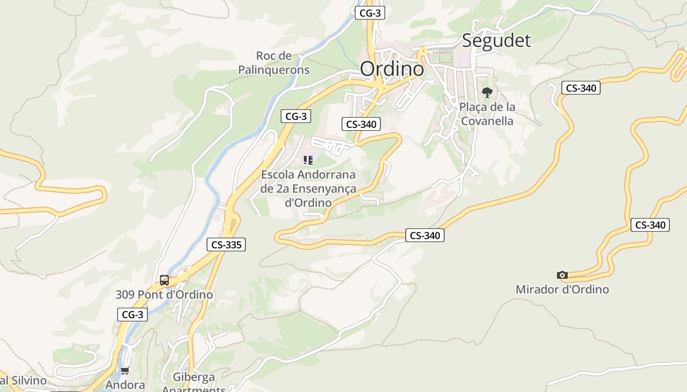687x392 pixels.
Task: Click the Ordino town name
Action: click(x=392, y=69)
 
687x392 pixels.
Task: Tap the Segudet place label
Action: click(x=496, y=40)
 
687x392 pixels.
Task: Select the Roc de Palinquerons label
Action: click(x=274, y=63)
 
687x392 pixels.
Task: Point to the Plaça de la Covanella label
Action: click(x=487, y=114)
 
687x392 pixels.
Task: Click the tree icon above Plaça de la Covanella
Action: click(x=487, y=92)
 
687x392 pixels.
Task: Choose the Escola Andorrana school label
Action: click(x=308, y=188)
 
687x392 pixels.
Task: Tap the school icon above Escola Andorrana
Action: click(x=308, y=160)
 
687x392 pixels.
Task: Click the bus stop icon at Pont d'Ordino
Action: click(x=164, y=280)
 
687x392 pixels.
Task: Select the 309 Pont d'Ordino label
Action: click(x=164, y=294)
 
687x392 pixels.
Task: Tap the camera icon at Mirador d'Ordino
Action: click(x=562, y=275)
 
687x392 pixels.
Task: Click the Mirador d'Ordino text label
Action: click(x=562, y=289)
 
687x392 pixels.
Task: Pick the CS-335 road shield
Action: click(x=226, y=245)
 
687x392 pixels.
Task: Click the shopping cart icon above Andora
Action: click(x=125, y=371)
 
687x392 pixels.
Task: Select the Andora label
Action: click(x=125, y=385)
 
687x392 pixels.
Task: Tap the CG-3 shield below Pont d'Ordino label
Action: click(x=132, y=315)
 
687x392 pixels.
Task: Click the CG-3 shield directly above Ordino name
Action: click(x=370, y=13)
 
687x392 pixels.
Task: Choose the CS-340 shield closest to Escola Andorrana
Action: click(x=361, y=124)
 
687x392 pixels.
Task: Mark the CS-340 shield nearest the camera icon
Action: click(x=650, y=225)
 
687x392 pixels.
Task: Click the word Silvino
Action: click(x=29, y=380)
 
